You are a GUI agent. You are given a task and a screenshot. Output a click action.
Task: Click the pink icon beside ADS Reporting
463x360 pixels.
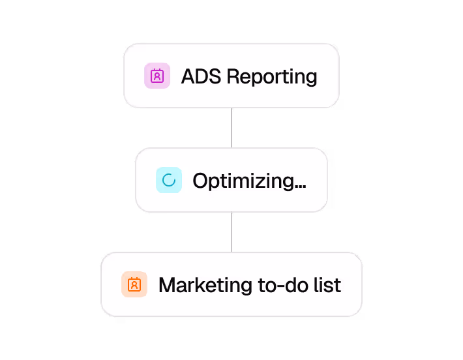click(x=157, y=76)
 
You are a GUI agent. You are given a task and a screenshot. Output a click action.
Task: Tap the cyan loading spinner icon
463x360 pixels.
click(x=168, y=180)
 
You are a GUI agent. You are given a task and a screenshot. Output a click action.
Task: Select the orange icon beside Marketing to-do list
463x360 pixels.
click(x=134, y=284)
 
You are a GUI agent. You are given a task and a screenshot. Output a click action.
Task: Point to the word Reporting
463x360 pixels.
click(x=272, y=78)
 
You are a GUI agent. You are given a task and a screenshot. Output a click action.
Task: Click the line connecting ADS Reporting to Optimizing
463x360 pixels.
click(x=231, y=127)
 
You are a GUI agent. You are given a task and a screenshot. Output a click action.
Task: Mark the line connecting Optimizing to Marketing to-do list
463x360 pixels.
click(x=231, y=232)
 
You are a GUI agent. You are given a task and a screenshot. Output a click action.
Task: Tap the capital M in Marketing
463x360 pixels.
click(x=168, y=285)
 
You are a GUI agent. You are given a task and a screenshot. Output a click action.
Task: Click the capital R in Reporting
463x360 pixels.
click(x=232, y=76)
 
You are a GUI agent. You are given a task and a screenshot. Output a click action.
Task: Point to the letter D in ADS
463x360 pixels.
click(x=202, y=76)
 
